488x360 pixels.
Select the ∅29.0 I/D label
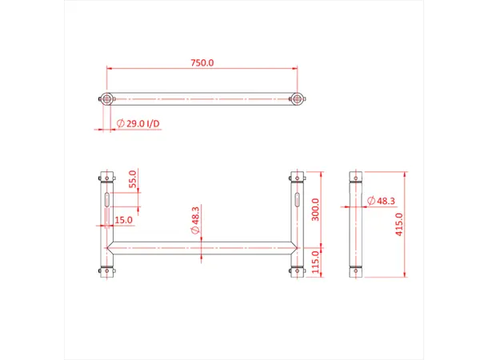click(x=138, y=124)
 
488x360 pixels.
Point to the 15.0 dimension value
click(x=123, y=220)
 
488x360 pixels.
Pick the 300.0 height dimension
click(x=314, y=210)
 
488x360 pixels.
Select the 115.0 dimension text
click(x=314, y=261)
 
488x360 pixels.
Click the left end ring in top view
click(x=106, y=99)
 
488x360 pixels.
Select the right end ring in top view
click(x=298, y=99)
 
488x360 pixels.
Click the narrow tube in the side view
click(x=355, y=224)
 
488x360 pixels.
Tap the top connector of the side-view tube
click(x=355, y=175)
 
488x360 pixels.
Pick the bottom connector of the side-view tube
click(x=355, y=272)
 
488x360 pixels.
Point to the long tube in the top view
click(x=202, y=99)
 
